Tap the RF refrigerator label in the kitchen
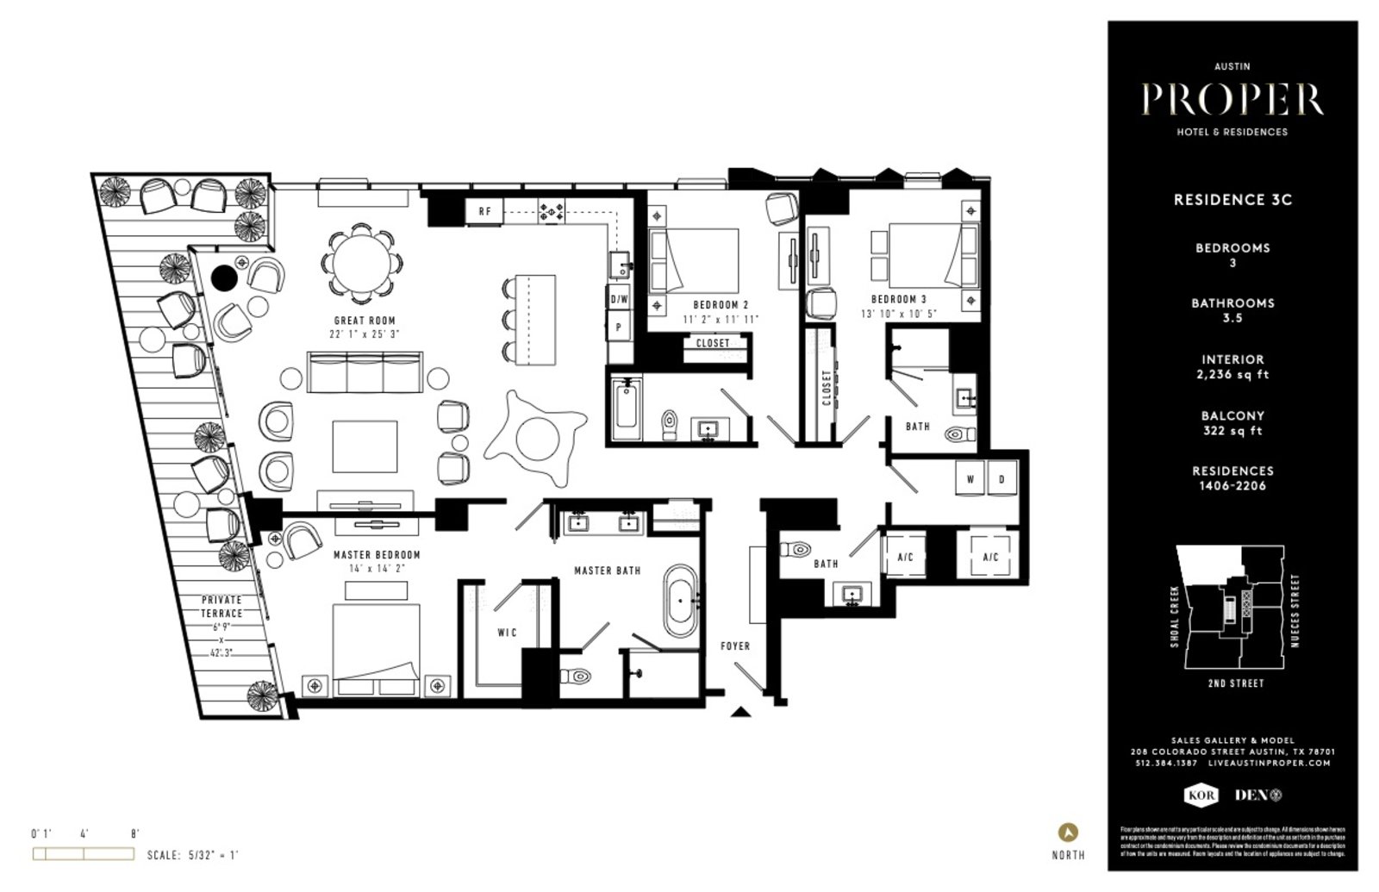tap(485, 211)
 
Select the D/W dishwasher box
tap(619, 300)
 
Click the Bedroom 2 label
tap(721, 305)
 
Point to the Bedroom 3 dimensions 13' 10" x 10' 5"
tap(898, 314)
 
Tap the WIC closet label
tap(507, 633)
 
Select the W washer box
tap(970, 479)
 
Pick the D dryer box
tap(1001, 479)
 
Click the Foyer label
tap(735, 646)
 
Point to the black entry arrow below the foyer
tap(739, 712)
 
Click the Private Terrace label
tap(222, 607)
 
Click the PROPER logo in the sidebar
tap(1232, 100)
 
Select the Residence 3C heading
tap(1232, 200)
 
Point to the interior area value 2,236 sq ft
tap(1232, 375)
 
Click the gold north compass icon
tap(1068, 833)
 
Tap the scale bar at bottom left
tap(84, 854)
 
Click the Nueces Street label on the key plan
tap(1295, 610)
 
